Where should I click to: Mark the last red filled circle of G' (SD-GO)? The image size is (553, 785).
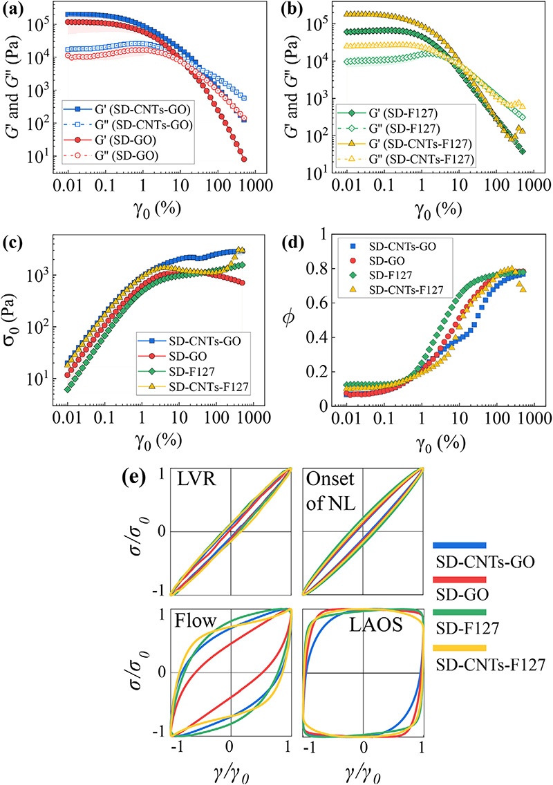coord(244,159)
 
